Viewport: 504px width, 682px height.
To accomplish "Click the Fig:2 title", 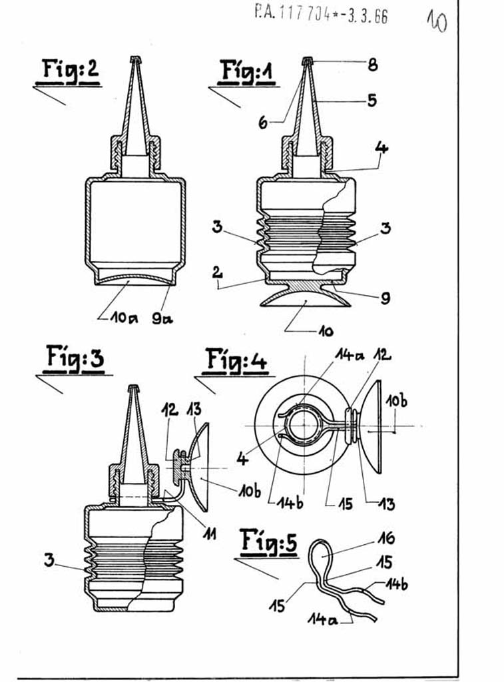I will tap(69, 70).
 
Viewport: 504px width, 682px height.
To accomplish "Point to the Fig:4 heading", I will tap(236, 360).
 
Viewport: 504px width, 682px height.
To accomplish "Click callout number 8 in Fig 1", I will tap(372, 65).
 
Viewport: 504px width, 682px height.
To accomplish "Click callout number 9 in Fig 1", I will tap(385, 299).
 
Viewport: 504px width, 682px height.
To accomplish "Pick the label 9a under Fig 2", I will tap(162, 318).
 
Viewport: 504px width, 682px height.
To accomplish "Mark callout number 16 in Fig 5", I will tap(385, 538).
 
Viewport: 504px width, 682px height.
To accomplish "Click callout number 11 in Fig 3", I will tap(210, 533).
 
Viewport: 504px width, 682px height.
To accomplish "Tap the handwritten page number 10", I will tap(437, 21).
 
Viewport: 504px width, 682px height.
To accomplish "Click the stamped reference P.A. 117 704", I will tap(320, 13).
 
